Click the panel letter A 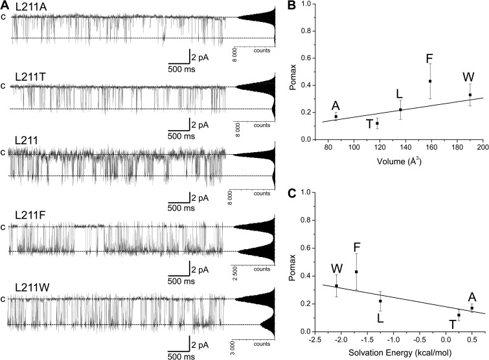(5, 5)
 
